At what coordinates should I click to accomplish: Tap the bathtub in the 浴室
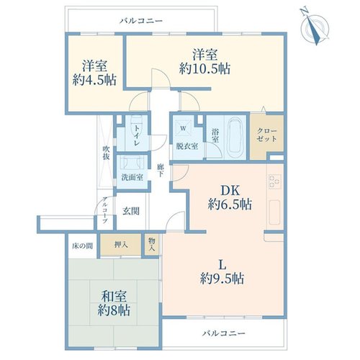pyautogui.click(x=235, y=138)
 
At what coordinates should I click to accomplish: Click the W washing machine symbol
pyautogui.click(x=183, y=128)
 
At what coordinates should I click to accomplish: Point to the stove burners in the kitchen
pyautogui.click(x=275, y=181)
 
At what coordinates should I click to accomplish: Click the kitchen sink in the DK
pyautogui.click(x=275, y=212)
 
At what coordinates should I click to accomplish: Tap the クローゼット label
pyautogui.click(x=267, y=135)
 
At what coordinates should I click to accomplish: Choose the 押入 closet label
pyautogui.click(x=121, y=245)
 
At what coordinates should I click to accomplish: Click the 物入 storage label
pyautogui.click(x=152, y=245)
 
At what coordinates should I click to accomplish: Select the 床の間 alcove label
pyautogui.click(x=82, y=246)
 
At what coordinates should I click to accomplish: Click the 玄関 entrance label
pyautogui.click(x=131, y=211)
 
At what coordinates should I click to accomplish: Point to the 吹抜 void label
pyautogui.click(x=106, y=153)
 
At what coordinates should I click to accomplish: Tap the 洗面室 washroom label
pyautogui.click(x=132, y=177)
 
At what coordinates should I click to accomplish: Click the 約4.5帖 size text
pyautogui.click(x=94, y=80)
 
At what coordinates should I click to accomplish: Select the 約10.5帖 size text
pyautogui.click(x=204, y=68)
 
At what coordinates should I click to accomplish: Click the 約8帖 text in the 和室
pyautogui.click(x=114, y=310)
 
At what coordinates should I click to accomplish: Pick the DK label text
pyautogui.click(x=230, y=191)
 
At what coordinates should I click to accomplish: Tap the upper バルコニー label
pyautogui.click(x=141, y=21)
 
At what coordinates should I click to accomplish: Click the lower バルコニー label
pyautogui.click(x=224, y=333)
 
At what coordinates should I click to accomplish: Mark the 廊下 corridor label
pyautogui.click(x=160, y=170)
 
